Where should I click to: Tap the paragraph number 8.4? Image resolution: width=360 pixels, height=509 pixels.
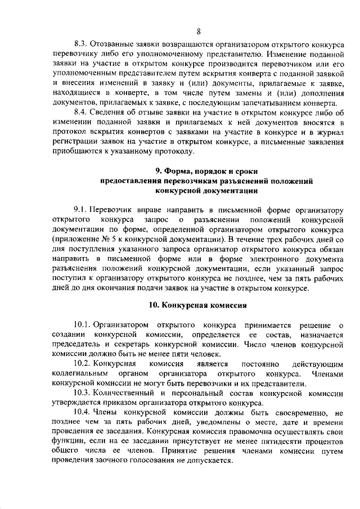[x=80, y=111]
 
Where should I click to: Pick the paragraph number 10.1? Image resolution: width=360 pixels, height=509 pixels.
[x=82, y=325]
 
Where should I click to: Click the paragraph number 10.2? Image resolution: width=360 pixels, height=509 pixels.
[x=82, y=364]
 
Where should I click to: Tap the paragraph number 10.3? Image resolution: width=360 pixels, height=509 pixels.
[x=82, y=393]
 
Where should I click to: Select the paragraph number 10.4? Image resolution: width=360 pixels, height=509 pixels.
[x=82, y=413]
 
